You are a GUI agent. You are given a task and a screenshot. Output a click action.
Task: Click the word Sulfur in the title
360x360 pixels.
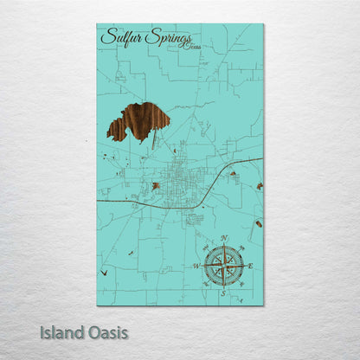(121, 37)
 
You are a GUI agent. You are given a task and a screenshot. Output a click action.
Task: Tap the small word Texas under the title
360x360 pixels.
(188, 47)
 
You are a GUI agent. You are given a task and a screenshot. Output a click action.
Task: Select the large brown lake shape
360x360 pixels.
(136, 119)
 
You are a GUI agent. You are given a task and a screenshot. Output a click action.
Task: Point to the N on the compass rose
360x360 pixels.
(224, 237)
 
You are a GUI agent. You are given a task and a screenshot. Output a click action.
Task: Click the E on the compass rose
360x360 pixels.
(251, 266)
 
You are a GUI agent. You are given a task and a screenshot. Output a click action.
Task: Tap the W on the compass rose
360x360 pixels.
(196, 266)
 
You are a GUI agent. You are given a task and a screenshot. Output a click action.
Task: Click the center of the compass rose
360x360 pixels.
(223, 266)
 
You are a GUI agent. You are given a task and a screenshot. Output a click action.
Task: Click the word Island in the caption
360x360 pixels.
(61, 331)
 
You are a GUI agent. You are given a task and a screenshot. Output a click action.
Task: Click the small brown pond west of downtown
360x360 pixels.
(156, 186)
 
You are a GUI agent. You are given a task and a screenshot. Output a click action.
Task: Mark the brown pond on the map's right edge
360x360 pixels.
(259, 186)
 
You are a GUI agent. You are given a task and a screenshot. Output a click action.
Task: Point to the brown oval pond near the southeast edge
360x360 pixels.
(258, 224)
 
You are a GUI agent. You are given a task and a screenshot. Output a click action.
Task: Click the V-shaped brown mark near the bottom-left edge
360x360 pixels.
(105, 272)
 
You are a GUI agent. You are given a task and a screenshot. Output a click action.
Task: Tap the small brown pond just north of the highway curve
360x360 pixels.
(233, 174)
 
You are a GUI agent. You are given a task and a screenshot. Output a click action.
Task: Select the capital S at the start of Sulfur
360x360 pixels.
(106, 37)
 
